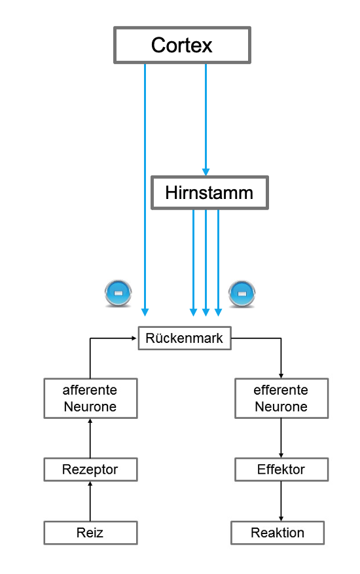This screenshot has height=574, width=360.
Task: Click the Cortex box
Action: pos(182,45)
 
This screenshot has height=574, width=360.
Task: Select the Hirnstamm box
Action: pos(210,193)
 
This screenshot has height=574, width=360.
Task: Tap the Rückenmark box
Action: pos(185,338)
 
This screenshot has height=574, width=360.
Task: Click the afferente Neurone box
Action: pos(90,399)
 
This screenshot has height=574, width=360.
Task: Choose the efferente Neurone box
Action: pos(281,399)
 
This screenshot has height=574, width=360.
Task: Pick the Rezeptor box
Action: pos(90,469)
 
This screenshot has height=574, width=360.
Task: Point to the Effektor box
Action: pos(281,469)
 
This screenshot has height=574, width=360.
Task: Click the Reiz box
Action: pos(90,533)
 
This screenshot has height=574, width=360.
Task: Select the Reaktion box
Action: pos(278,533)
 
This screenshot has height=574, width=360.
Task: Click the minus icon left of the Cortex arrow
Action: pos(118,293)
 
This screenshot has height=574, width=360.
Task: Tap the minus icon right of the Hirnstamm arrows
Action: pos(242,293)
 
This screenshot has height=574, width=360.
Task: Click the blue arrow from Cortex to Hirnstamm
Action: pos(206,120)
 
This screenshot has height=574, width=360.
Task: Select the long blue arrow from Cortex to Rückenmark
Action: pos(145,190)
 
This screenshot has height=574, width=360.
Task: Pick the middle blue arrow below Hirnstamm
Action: pos(206,263)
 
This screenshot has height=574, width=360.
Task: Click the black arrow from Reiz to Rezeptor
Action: pos(90,501)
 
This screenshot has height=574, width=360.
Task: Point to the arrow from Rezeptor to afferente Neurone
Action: pos(90,438)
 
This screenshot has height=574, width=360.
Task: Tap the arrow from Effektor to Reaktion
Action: pos(281,501)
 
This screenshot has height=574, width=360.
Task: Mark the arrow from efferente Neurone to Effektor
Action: pos(281,438)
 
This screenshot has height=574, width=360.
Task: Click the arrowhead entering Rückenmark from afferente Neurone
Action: pos(135,338)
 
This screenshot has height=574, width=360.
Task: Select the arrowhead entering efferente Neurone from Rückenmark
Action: pos(281,376)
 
